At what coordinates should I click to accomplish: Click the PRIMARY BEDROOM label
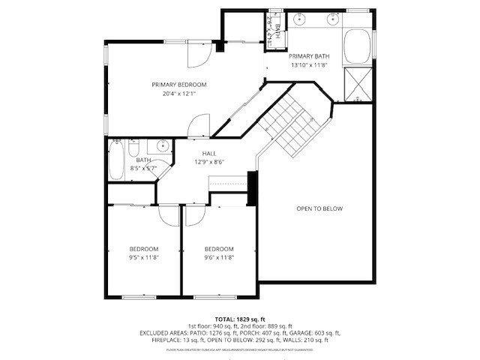[178, 85]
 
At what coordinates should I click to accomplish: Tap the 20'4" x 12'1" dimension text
[178, 94]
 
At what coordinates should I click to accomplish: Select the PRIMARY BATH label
[309, 56]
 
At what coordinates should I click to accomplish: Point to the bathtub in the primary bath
[358, 46]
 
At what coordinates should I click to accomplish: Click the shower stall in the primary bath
[358, 84]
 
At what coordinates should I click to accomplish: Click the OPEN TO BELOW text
[319, 208]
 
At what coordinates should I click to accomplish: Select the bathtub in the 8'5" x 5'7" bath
[117, 160]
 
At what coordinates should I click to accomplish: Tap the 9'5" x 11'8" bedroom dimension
[143, 257]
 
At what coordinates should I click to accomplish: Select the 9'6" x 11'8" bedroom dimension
[219, 257]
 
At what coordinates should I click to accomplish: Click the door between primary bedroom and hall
[200, 125]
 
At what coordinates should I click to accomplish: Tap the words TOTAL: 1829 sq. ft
[240, 319]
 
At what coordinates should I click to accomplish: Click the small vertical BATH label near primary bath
[277, 31]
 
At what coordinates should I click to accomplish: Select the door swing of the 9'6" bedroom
[193, 215]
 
